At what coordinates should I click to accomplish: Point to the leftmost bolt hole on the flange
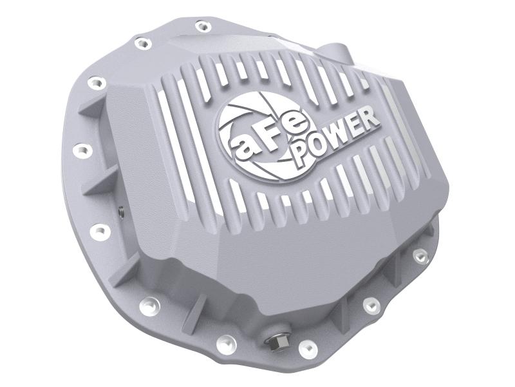click(82, 150)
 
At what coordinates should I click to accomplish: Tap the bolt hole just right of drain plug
click(308, 349)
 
